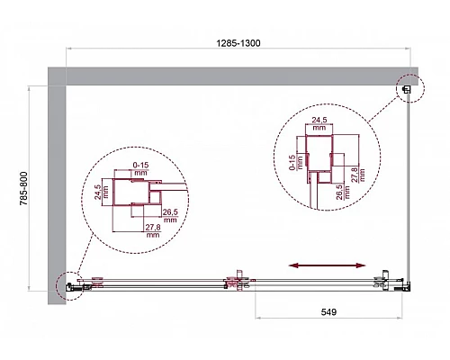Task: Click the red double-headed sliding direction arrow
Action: click(x=327, y=265)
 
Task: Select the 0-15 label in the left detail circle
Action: click(x=139, y=166)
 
